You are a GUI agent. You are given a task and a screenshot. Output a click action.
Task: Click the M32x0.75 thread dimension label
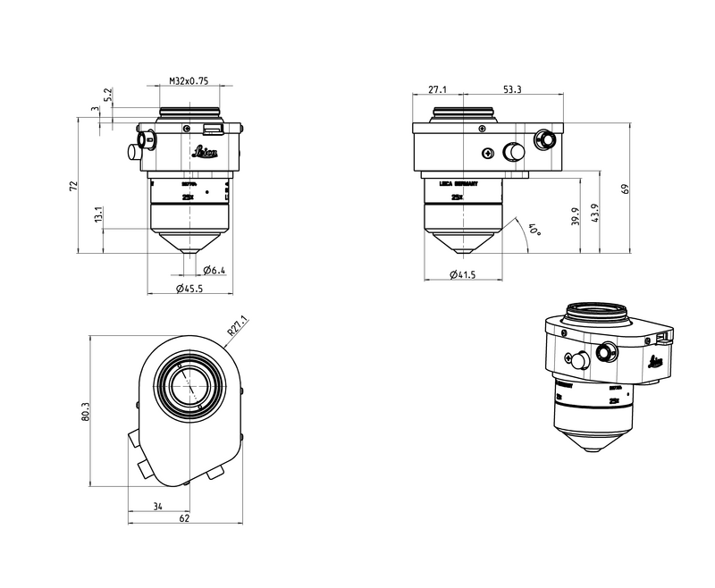tap(189, 81)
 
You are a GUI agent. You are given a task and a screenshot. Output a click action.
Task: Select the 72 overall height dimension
tap(74, 186)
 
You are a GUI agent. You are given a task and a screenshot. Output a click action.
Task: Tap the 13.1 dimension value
tap(98, 214)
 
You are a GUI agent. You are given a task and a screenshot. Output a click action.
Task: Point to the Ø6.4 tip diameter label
tap(213, 270)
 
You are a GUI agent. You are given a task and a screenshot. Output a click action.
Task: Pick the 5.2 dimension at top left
tap(107, 94)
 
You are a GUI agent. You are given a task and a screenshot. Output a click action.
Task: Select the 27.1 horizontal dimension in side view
tap(438, 89)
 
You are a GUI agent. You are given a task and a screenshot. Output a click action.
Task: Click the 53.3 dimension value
tap(512, 89)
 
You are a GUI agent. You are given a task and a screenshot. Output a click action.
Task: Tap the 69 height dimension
tap(627, 189)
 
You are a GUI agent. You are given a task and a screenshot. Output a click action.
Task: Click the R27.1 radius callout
tap(238, 326)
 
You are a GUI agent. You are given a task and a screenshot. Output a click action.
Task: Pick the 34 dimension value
tap(157, 507)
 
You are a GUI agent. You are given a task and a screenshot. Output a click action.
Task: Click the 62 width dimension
tap(183, 518)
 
